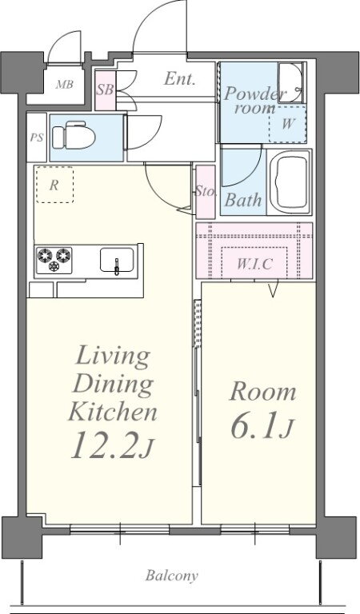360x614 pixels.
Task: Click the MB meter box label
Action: pos(65,84)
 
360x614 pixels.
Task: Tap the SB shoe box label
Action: pos(105,90)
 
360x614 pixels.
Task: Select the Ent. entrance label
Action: pos(179,79)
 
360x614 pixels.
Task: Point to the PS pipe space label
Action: pos(37,138)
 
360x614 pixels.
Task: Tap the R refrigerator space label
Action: pos(54,185)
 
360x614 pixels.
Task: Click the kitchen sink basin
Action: pos(116,260)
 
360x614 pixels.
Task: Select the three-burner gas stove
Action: pos(54,260)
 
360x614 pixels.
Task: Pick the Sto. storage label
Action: pos(206,192)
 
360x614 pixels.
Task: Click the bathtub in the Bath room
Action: pos(290,181)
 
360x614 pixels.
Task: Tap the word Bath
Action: pos(243,200)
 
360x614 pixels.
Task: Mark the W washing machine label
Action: pos(287,124)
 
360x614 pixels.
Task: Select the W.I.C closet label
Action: pos(254,265)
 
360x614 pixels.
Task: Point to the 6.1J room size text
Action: pos(262,429)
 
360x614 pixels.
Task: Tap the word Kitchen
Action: pos(113,412)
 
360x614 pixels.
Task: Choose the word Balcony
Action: pos(171,576)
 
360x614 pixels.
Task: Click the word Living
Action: pos(113,357)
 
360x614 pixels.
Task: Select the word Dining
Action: pos(113,385)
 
